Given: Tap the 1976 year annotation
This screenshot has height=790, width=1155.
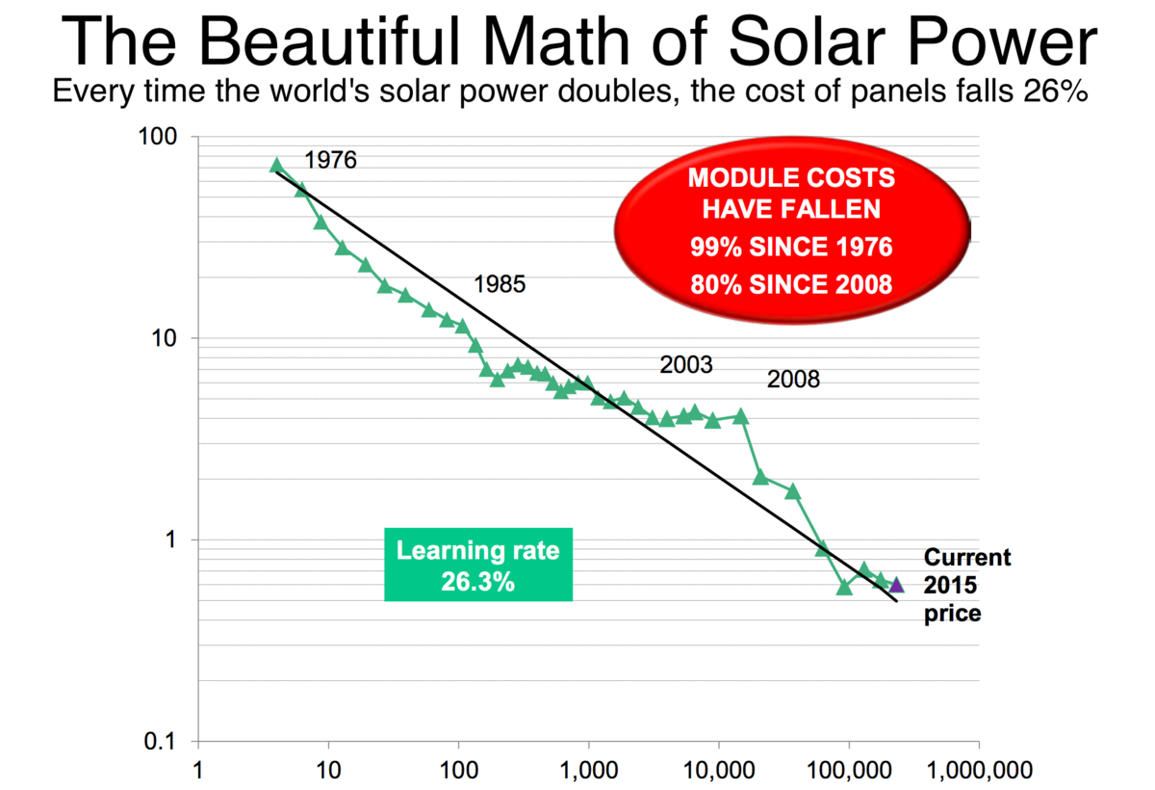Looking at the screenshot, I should click(x=330, y=160).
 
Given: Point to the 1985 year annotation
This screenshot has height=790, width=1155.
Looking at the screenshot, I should click(x=500, y=284).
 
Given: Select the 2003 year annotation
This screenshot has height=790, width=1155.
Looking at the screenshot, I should click(x=685, y=365).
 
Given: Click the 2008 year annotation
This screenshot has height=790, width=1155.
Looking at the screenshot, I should click(x=793, y=380).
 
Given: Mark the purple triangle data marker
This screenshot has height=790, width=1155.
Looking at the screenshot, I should click(x=896, y=584).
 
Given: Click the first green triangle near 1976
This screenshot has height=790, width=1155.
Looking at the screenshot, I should click(x=276, y=165).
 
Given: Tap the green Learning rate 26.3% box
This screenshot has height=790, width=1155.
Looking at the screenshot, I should click(x=478, y=565).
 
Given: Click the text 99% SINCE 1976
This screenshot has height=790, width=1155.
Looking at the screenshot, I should click(x=791, y=248).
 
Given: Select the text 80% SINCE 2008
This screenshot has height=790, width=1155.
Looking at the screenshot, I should click(x=791, y=285).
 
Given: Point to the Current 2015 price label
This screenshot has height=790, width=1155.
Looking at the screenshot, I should click(x=965, y=585).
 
